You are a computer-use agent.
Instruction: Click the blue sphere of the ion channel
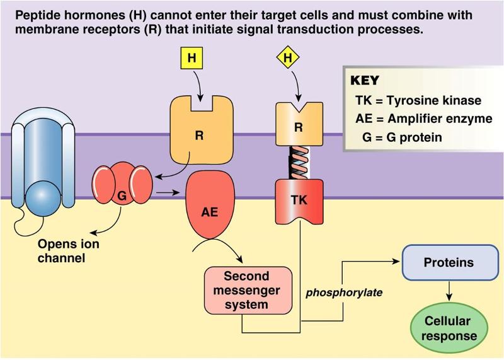click(49, 192)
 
